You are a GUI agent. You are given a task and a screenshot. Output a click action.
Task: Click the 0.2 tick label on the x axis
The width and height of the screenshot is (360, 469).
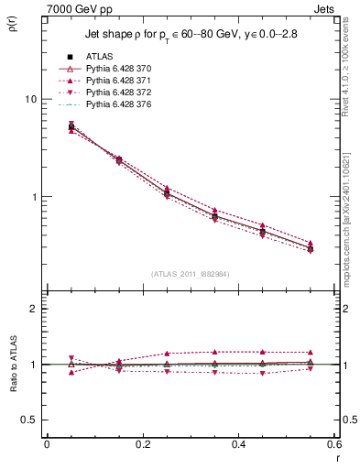coord(142,444)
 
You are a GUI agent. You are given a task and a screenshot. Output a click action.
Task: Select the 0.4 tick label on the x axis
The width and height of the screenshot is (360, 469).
coord(238,444)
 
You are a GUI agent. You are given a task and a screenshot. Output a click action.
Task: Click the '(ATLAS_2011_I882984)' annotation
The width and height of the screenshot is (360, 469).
coord(190,274)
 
